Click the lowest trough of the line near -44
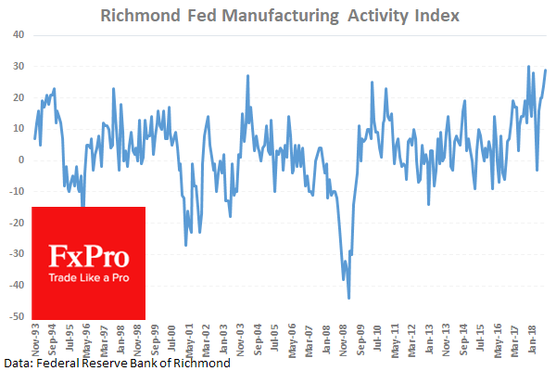coord(348,298)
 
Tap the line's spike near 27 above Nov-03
coord(247,76)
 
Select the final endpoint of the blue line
coord(545,70)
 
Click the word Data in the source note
coord(18,362)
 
